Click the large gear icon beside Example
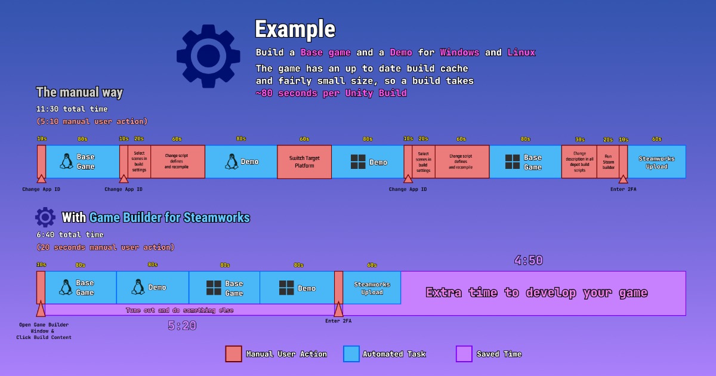[208, 56]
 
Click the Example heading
[295, 29]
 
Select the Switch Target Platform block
[304, 162]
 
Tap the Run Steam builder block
[608, 162]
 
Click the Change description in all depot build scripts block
[579, 162]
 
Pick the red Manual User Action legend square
[233, 354]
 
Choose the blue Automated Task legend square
[351, 354]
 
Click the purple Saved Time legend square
[464, 354]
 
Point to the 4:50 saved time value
[529, 260]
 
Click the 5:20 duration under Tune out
[182, 326]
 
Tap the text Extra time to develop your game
[536, 292]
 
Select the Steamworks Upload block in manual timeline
[656, 162]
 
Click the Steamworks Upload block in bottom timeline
[372, 288]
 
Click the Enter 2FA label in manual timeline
[623, 189]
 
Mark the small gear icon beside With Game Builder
[45, 217]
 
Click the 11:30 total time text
[72, 109]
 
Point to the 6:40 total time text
[69, 235]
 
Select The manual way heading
[79, 93]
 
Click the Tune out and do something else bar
[179, 310]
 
